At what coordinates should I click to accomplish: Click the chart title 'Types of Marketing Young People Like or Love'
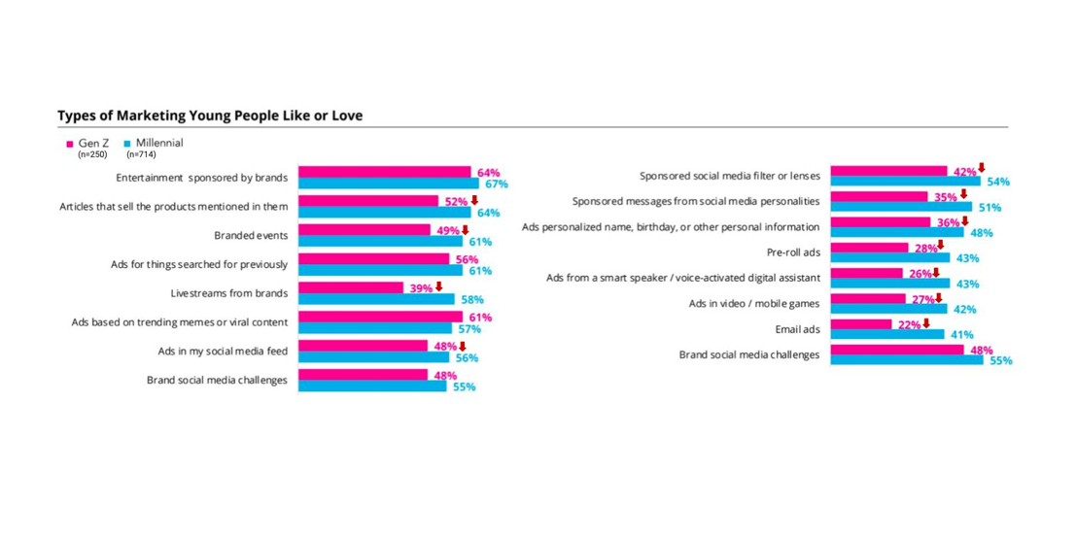tap(210, 116)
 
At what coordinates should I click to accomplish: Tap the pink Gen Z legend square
tap(70, 144)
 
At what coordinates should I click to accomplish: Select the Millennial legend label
tap(159, 143)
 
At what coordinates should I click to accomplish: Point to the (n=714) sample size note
tap(141, 154)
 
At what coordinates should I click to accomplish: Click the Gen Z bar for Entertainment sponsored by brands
tap(384, 172)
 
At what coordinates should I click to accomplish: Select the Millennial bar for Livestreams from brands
tap(376, 299)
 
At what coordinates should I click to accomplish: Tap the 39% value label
tap(421, 288)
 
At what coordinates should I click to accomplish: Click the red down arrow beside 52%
tap(474, 200)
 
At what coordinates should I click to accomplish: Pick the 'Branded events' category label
tap(251, 236)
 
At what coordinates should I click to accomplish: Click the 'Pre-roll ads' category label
tap(793, 252)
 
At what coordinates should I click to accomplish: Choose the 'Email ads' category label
tap(797, 329)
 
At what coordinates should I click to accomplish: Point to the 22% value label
tap(909, 324)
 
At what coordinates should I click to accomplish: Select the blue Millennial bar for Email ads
tap(887, 335)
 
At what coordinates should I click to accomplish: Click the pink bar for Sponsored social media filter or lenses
tap(888, 171)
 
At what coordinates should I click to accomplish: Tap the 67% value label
tap(497, 185)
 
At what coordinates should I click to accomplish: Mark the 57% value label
tap(469, 329)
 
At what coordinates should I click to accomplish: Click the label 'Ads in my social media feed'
tap(223, 351)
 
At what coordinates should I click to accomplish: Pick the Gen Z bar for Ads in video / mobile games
tap(868, 299)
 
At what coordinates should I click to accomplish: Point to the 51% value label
tap(989, 207)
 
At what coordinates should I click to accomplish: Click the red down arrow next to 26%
tap(936, 273)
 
